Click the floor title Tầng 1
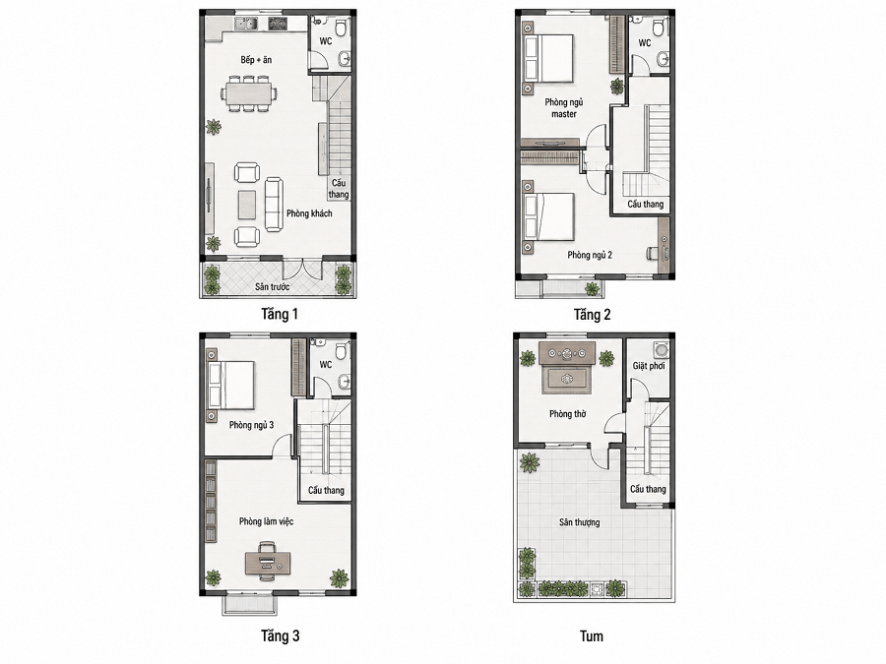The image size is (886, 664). tap(280, 314)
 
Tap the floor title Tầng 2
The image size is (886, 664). tap(593, 315)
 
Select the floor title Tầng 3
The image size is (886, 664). tap(281, 636)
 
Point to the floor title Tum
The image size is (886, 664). tap(592, 636)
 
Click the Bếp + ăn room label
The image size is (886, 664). tap(256, 59)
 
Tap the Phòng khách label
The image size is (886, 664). tap(309, 213)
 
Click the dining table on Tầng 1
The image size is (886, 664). tap(249, 93)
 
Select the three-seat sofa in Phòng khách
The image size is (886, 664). tap(274, 204)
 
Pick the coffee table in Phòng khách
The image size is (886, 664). tap(247, 205)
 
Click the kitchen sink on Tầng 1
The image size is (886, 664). tap(246, 24)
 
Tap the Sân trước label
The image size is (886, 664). tap(273, 287)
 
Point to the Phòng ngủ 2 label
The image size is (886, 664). tap(590, 255)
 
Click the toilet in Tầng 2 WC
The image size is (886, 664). tap(659, 28)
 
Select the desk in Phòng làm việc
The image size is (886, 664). tap(268, 563)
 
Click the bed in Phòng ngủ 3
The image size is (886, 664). tap(230, 385)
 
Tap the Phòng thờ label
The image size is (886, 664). tap(567, 414)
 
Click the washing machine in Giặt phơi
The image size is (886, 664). tap(661, 350)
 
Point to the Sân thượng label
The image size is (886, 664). tap(580, 522)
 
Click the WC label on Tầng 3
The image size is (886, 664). tap(326, 364)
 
